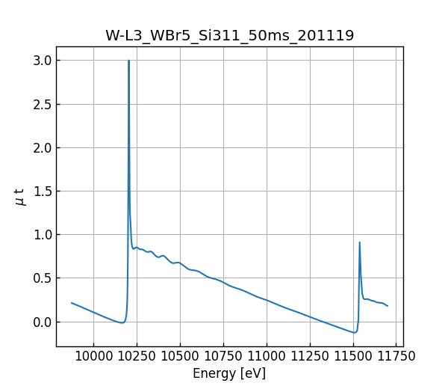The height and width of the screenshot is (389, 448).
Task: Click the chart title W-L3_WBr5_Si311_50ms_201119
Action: click(x=229, y=35)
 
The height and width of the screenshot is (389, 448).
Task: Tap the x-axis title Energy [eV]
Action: click(x=229, y=373)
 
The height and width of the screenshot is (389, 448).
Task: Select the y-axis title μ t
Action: click(x=20, y=197)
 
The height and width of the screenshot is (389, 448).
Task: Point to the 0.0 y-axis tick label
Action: click(x=42, y=322)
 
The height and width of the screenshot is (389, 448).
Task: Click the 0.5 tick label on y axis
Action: click(x=42, y=278)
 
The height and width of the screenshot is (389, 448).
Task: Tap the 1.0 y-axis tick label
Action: click(x=42, y=235)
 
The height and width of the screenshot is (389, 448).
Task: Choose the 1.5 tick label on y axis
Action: click(x=42, y=192)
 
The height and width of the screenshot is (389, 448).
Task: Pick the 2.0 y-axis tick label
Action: click(x=42, y=147)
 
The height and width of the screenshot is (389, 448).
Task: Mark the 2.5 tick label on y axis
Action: click(x=42, y=104)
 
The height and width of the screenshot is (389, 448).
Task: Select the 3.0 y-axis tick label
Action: click(x=42, y=61)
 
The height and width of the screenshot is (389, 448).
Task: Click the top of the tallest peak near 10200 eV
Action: click(x=128, y=61)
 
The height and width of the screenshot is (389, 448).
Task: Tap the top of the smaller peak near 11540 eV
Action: click(x=359, y=242)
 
